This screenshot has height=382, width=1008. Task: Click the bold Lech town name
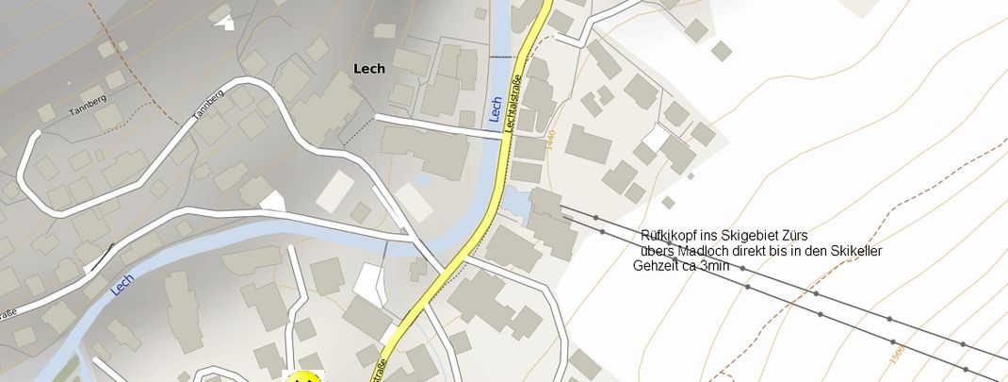coord(368,68)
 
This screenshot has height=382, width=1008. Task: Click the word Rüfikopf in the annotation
coord(664,235)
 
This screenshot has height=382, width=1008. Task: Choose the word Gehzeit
coord(656,266)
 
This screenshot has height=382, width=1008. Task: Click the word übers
coord(656,251)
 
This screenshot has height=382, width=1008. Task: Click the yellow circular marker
coord(303,378)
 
